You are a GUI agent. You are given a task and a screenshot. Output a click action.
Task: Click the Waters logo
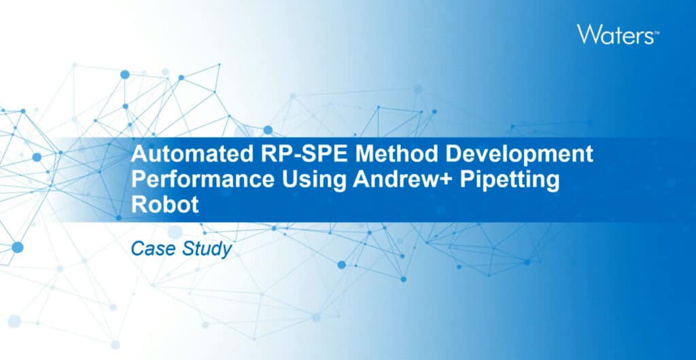click(x=618, y=34)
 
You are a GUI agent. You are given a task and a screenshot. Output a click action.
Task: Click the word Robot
click(x=164, y=205)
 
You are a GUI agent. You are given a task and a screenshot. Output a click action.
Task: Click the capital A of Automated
click(x=139, y=154)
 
